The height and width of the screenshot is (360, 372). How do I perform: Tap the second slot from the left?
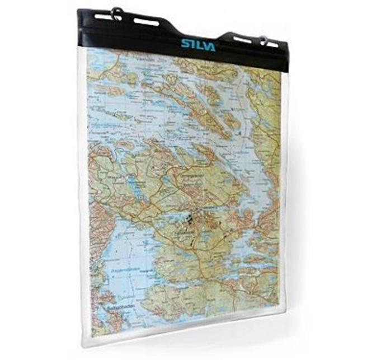[147, 23]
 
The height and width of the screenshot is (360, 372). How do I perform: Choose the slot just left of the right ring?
[242, 40]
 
